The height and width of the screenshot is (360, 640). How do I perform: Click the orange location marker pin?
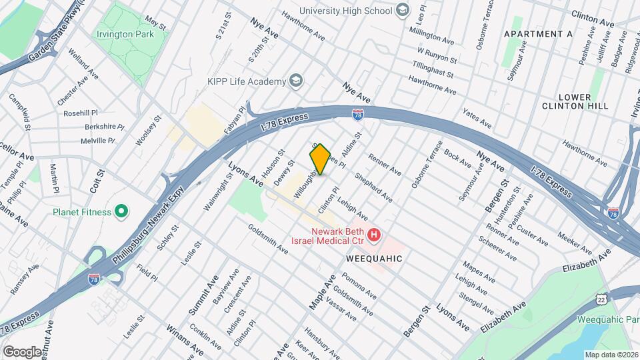click(x=320, y=159)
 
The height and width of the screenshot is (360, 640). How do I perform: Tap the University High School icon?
click(x=402, y=10)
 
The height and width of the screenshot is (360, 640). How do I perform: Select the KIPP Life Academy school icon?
click(x=295, y=81)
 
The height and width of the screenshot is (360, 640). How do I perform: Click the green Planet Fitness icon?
click(x=121, y=213)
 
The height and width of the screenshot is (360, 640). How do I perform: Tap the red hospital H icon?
click(x=375, y=235)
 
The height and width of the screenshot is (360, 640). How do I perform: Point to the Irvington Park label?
click(x=125, y=34)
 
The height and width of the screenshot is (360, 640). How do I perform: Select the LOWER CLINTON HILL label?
click(x=566, y=101)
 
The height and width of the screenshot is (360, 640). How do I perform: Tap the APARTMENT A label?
click(x=538, y=33)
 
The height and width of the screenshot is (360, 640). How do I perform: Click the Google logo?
click(x=22, y=351)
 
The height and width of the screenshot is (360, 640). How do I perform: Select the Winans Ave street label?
click(x=185, y=338)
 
